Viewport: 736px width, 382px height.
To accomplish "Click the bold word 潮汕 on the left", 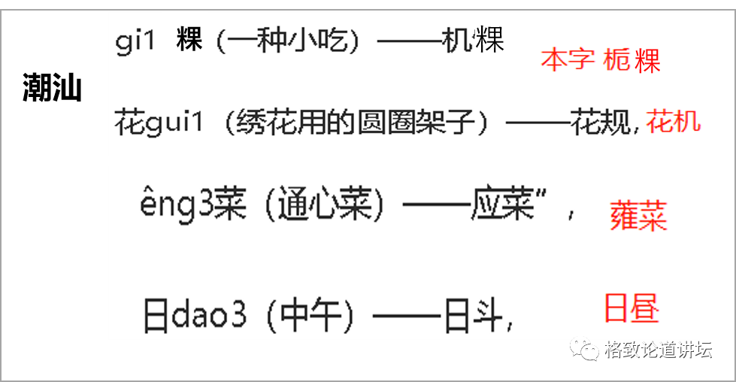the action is (52, 88).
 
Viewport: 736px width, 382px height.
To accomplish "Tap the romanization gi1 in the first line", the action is (135, 41).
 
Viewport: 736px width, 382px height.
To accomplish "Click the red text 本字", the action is (568, 60).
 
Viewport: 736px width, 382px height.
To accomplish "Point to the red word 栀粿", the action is (632, 60).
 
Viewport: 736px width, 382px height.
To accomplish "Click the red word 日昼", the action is (631, 308).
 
